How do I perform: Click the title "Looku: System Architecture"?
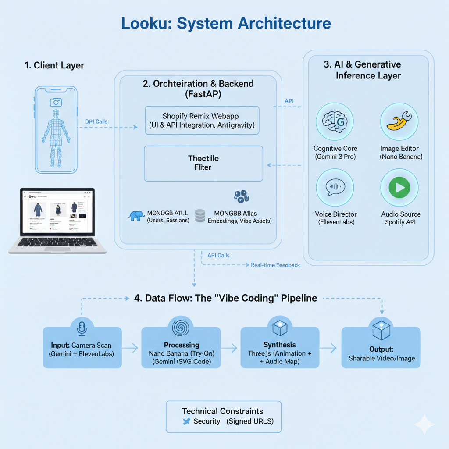[x=224, y=24]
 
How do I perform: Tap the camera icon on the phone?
[x=56, y=102]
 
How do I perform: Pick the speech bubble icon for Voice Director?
[x=335, y=188]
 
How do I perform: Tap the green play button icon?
[x=399, y=188]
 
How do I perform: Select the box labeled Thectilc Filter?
[x=203, y=164]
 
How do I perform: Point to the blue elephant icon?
[x=136, y=216]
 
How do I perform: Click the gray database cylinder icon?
[x=200, y=215]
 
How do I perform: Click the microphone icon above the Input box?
[x=82, y=328]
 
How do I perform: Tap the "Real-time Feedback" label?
[x=275, y=265]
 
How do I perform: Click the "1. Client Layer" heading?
[x=54, y=66]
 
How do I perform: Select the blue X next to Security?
[x=186, y=421]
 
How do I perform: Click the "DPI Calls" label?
[x=96, y=121]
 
